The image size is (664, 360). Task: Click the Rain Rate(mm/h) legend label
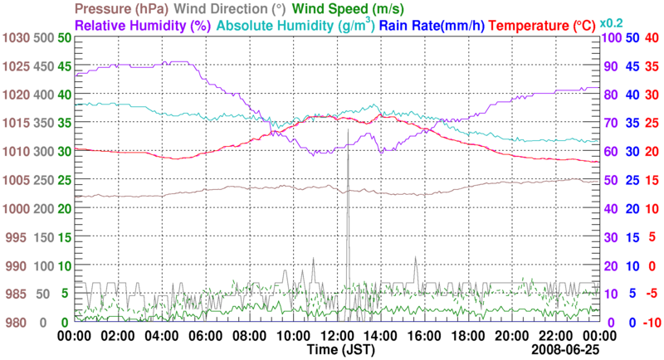432,25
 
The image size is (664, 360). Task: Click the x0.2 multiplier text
613,23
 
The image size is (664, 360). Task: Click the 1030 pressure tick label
16,38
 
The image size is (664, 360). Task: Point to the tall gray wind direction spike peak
349,129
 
